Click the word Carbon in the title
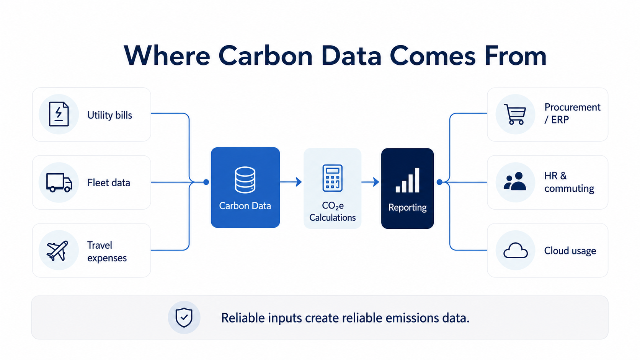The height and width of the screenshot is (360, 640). [265, 56]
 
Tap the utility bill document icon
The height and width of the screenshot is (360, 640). [59, 114]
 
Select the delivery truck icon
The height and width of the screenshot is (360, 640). [59, 182]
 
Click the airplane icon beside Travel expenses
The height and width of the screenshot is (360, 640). [57, 251]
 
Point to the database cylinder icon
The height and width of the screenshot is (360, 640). [245, 180]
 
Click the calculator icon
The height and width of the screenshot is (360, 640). [332, 178]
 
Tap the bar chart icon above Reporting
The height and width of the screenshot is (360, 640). [407, 180]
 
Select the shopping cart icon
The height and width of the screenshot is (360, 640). [515, 114]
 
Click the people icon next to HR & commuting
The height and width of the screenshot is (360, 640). [514, 181]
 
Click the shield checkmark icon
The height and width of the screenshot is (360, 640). [184, 318]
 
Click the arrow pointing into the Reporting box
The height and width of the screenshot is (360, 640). [370, 182]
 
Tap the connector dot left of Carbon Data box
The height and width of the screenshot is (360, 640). [206, 182]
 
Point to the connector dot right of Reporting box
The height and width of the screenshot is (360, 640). [440, 182]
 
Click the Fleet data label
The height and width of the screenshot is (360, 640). [109, 183]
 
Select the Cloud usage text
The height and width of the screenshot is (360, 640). [570, 251]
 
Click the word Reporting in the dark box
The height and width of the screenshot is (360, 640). [407, 207]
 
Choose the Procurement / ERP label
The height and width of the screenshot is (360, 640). [572, 113]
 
